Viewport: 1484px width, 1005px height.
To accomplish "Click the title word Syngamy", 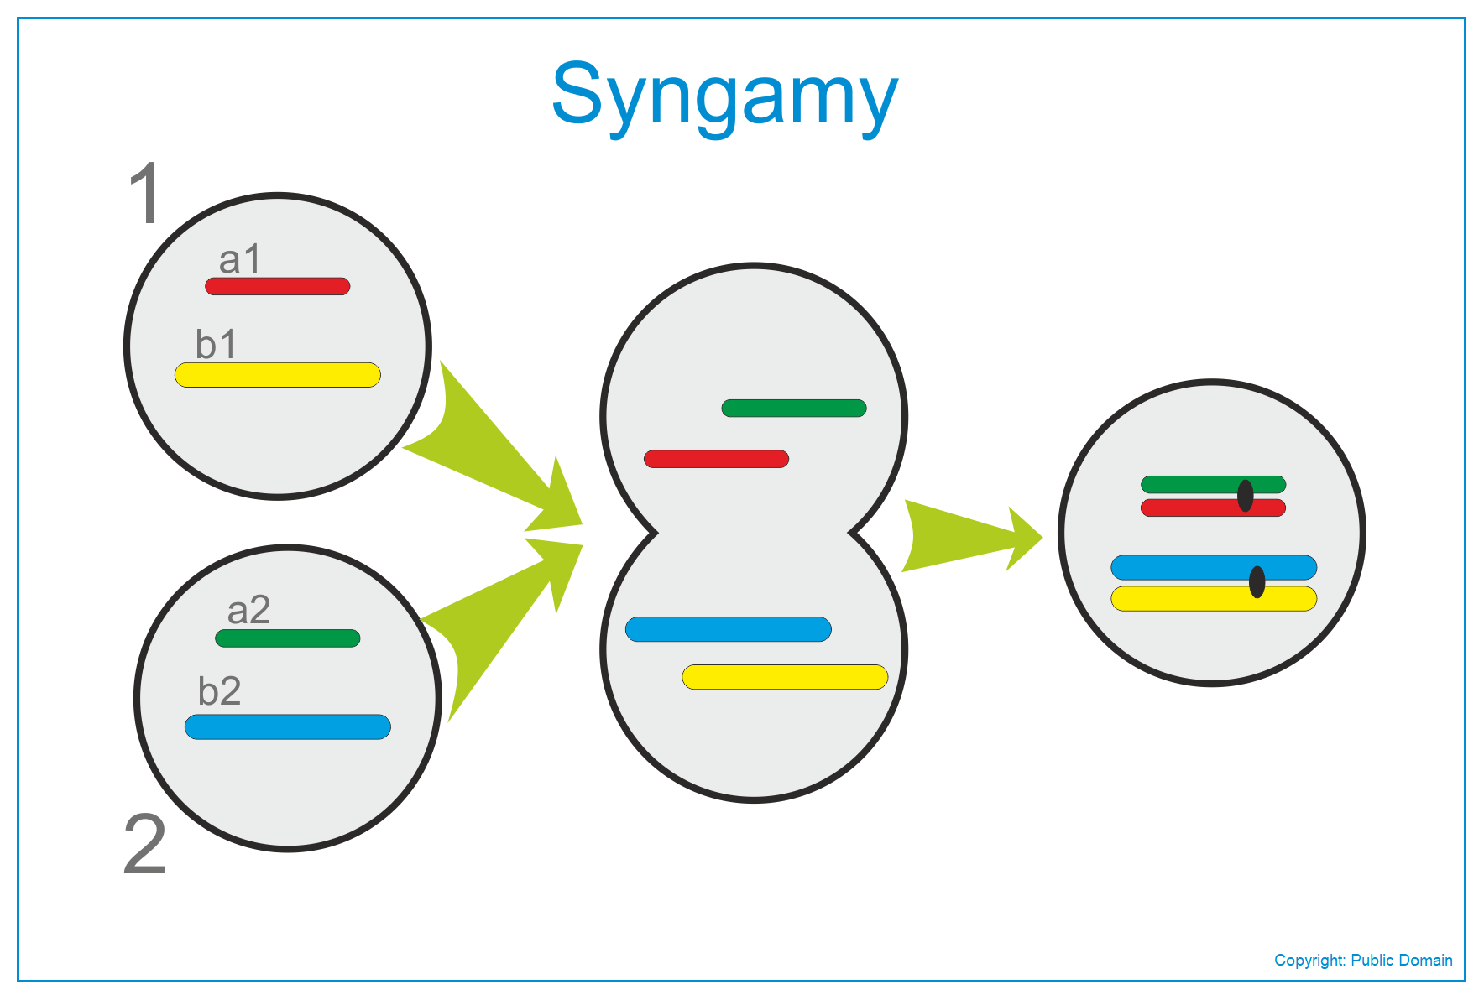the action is (724, 96).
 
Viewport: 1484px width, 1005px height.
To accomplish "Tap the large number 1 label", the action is (146, 193).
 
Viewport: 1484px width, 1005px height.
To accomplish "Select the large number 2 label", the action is (145, 844).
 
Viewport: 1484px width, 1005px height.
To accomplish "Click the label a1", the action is (239, 259).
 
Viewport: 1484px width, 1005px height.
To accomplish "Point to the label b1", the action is (216, 344).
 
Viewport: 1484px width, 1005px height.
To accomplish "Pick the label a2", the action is (248, 610).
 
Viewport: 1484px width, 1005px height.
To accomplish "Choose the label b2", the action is (219, 690).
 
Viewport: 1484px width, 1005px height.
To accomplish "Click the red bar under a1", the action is (278, 286).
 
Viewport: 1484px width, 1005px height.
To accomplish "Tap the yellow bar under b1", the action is (278, 375).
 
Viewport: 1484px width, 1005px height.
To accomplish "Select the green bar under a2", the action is (288, 638).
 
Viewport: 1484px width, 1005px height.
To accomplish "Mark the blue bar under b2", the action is (288, 726).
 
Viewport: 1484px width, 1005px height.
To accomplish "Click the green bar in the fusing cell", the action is (794, 409).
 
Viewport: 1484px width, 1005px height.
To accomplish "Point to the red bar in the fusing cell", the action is (716, 459).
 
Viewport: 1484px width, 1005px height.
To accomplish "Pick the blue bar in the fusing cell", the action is (729, 629).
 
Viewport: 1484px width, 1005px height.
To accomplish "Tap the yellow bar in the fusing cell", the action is (785, 677).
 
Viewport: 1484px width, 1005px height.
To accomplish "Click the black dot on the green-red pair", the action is (1246, 496).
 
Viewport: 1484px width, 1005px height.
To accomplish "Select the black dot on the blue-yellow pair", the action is (1257, 582).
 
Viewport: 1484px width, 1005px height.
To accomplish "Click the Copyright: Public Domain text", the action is (1363, 961).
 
